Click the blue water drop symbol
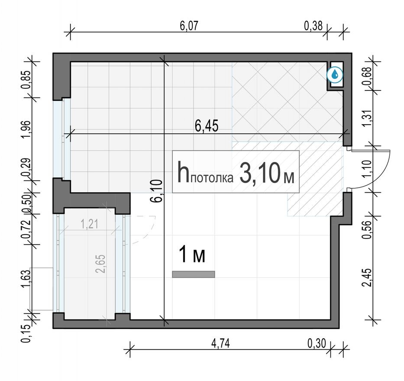(x=335, y=75)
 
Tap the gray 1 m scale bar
(x=194, y=274)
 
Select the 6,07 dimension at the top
(x=189, y=25)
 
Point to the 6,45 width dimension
(x=207, y=126)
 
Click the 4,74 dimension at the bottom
(x=220, y=343)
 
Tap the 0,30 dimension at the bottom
(x=317, y=343)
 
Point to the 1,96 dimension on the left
(x=26, y=129)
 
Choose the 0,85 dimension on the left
(x=26, y=79)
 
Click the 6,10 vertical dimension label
(x=158, y=191)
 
